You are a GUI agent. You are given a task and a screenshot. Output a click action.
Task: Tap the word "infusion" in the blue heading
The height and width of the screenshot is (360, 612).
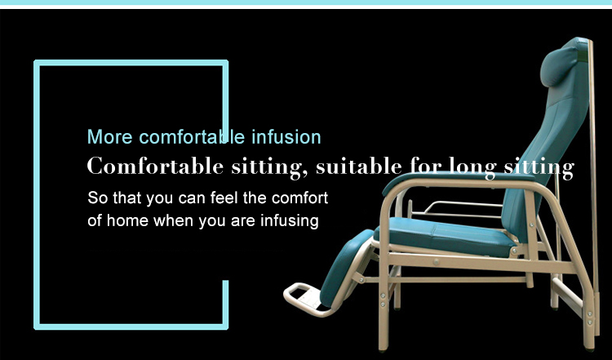[x=286, y=137]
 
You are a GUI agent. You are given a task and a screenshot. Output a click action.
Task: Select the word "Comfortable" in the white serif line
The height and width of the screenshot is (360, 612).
[x=155, y=166]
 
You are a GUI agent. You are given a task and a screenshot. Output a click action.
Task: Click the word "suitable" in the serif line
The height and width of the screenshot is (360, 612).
[x=359, y=167]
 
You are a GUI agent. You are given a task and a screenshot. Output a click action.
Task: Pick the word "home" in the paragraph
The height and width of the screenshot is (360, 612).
[x=127, y=220]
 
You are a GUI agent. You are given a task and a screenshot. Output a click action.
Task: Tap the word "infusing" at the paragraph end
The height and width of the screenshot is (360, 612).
[x=289, y=221]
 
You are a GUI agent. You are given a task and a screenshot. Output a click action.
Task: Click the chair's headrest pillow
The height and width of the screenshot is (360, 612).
[x=559, y=66]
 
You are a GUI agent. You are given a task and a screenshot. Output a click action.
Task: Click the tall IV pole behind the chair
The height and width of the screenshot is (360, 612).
[x=593, y=188]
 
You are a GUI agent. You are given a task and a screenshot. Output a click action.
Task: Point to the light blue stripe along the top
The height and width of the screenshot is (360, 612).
[x=306, y=2]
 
